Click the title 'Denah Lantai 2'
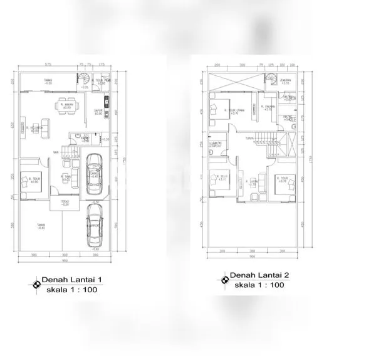[259, 275]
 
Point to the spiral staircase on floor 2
[270, 79]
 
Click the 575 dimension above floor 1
[48, 65]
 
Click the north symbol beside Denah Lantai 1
[34, 285]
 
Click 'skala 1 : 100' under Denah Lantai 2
[259, 285]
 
